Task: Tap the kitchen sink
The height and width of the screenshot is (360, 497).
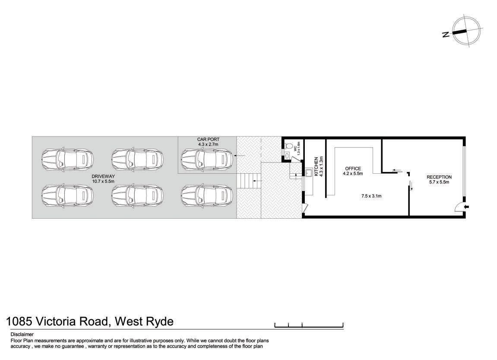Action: coord(309,172)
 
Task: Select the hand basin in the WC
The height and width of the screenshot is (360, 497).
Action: coord(287,156)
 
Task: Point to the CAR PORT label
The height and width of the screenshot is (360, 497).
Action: coord(208,139)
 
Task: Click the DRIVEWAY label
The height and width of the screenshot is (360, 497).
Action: coord(103,176)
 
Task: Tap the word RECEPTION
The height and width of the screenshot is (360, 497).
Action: coord(439,177)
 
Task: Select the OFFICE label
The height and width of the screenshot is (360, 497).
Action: coord(353,169)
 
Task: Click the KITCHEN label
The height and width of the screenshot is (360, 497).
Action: coord(316,166)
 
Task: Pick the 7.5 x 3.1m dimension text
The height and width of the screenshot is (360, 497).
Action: coord(371,196)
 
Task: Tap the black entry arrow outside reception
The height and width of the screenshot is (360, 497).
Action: coord(466,207)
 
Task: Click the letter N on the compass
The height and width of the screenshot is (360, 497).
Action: coord(446,34)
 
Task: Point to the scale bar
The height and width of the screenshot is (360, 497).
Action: coord(309,325)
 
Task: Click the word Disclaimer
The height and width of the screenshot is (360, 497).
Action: coord(22,334)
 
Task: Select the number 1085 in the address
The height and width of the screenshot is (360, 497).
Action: coord(19,321)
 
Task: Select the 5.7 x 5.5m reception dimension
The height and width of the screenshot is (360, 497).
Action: coord(439,182)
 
